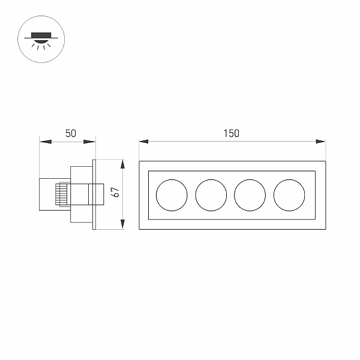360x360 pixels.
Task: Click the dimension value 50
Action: click(x=70, y=133)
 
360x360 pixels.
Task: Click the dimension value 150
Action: click(x=232, y=133)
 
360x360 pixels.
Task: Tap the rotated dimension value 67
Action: click(x=115, y=192)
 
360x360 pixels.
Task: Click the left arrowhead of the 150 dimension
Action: click(x=143, y=142)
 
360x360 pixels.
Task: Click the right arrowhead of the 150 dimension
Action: click(x=321, y=142)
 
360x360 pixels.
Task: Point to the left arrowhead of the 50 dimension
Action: click(x=46, y=142)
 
